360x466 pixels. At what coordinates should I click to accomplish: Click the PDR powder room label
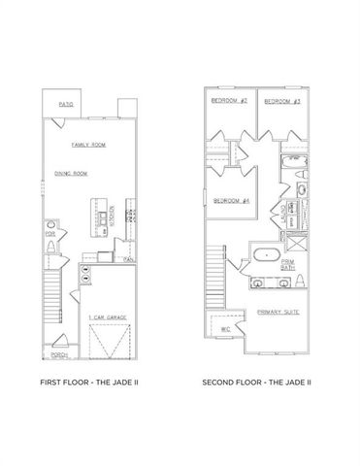coord(49,234)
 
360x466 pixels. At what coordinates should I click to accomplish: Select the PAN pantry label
coord(128,259)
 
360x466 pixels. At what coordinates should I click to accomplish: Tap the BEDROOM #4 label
coord(230,200)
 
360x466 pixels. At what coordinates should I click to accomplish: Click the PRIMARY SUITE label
coord(278,313)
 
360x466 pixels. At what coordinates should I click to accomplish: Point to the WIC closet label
coord(225,328)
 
